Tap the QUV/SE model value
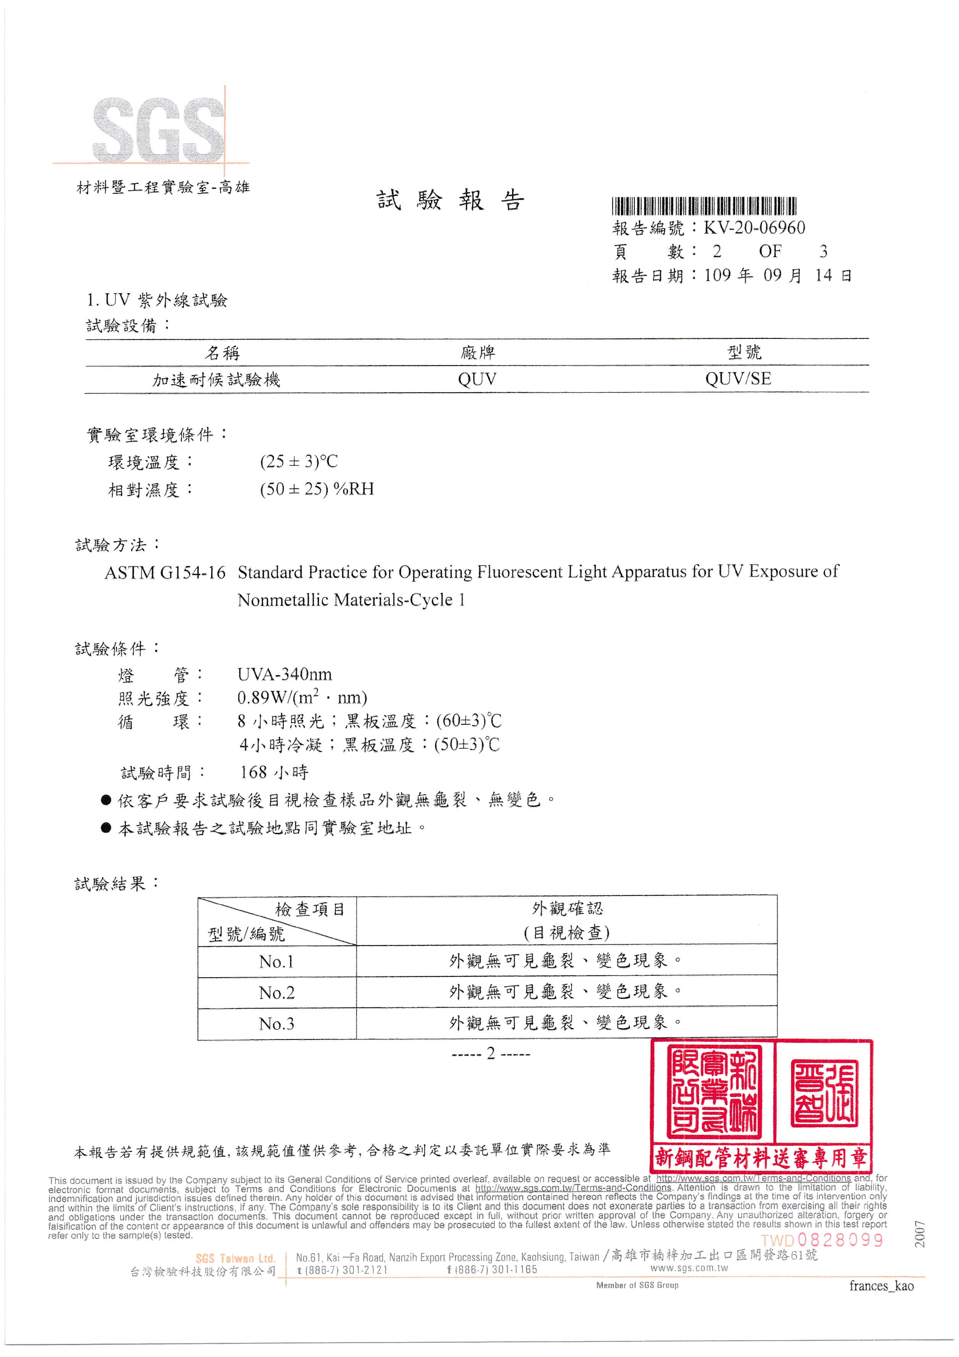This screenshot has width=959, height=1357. (738, 379)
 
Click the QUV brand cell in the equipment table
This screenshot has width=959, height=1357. (477, 379)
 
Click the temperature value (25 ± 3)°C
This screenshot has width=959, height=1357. (298, 462)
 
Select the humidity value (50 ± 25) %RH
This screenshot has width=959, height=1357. (317, 489)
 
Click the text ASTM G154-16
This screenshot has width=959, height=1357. (165, 573)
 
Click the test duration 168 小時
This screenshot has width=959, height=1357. (273, 772)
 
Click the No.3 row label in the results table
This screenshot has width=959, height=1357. (276, 1024)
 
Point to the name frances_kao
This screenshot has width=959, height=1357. (881, 1286)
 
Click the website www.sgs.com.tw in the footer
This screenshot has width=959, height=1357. (689, 1268)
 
